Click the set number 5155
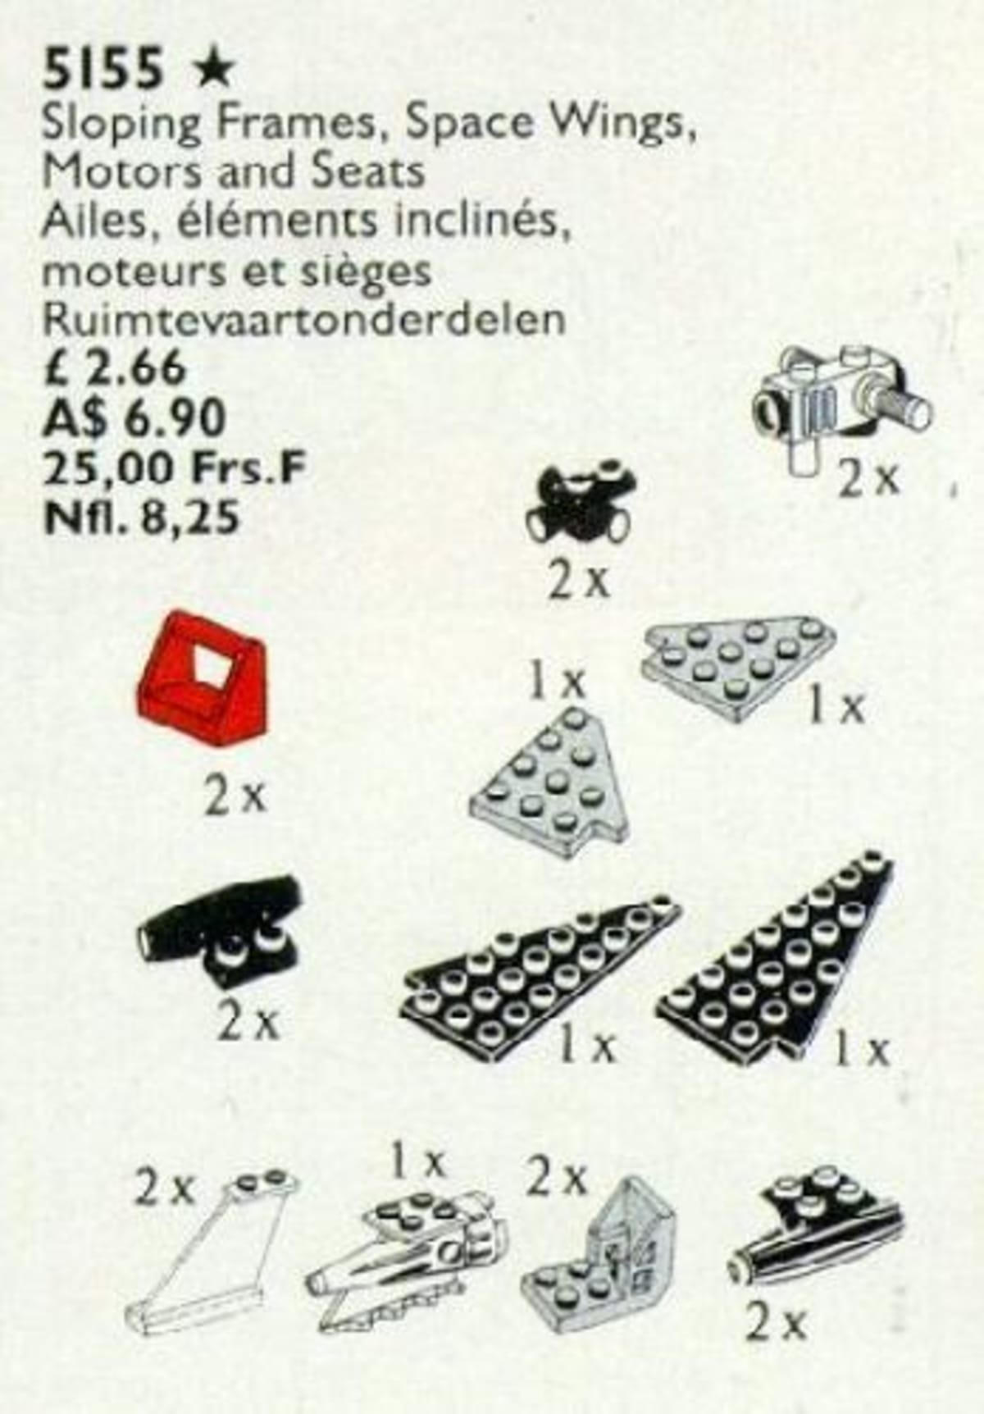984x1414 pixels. point(104,68)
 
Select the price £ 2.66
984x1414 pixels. point(114,368)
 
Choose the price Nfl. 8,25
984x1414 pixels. point(140,518)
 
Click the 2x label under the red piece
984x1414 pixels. point(236,797)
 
